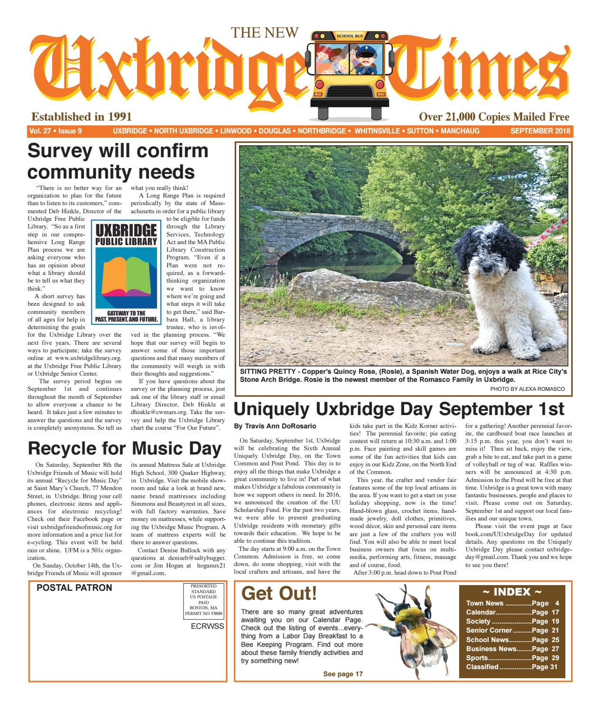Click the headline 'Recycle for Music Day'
[x=125, y=448]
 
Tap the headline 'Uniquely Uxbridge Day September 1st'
[x=399, y=409]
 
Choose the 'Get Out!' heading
[x=279, y=593]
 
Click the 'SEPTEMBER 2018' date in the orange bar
[x=539, y=131]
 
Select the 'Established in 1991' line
[x=81, y=117]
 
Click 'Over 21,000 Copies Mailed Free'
[x=494, y=117]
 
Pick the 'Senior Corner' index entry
[x=489, y=630]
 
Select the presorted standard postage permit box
[x=203, y=601]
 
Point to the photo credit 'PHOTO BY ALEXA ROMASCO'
[x=527, y=389]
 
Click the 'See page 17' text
[x=343, y=674]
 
